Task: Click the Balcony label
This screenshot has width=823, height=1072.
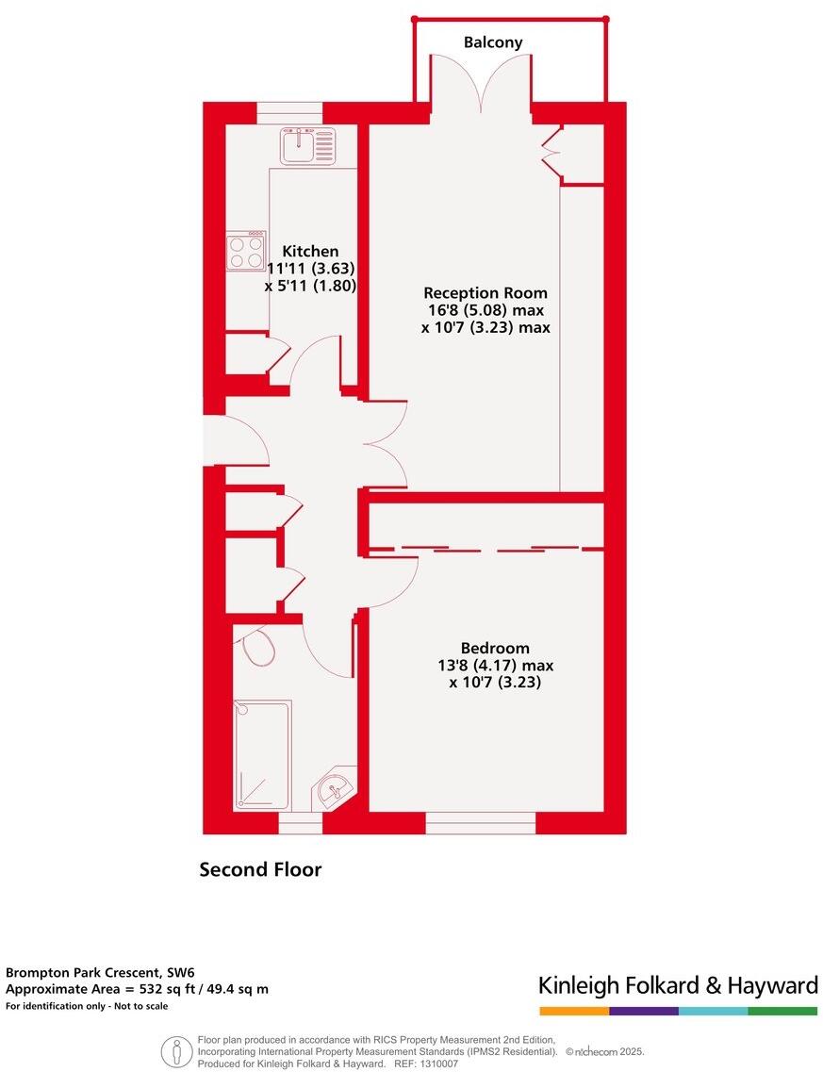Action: pos(492,42)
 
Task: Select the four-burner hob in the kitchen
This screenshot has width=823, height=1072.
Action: pos(246,251)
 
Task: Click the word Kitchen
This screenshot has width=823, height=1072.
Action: pos(310,252)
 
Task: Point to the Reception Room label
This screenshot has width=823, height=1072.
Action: pos(485,292)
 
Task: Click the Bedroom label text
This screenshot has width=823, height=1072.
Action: pos(495,648)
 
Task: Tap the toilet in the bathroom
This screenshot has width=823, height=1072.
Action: pos(257,648)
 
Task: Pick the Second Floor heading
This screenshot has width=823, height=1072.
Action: pos(260,869)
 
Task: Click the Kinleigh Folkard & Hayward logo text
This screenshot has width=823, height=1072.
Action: pos(678,986)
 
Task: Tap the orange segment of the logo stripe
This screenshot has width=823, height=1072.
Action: pos(574,1011)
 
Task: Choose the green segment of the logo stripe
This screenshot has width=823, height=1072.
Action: pos(782,1011)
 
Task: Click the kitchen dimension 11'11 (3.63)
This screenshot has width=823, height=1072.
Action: pos(310,269)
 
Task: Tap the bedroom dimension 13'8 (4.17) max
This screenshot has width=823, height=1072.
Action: pos(495,665)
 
